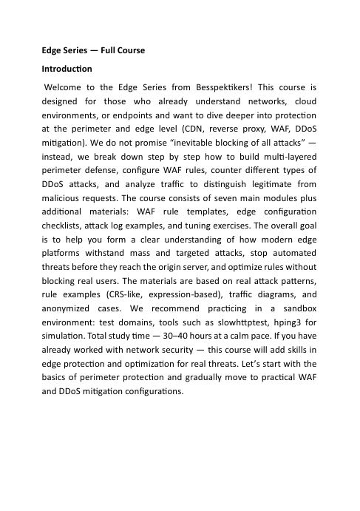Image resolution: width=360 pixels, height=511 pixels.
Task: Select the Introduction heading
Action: point(66,69)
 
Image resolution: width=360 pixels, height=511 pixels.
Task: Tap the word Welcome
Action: point(64,87)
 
